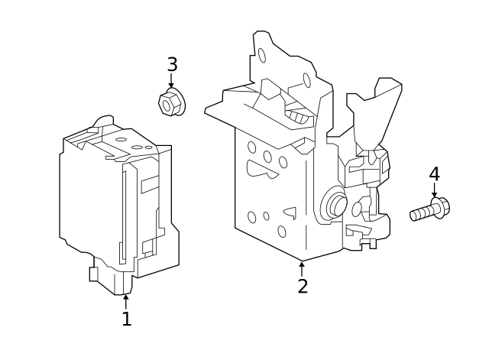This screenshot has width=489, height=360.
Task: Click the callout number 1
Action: click(127, 319)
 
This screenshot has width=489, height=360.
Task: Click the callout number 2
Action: click(303, 287)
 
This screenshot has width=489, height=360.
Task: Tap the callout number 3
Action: click(172, 65)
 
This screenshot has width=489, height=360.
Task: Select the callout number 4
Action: click(434, 174)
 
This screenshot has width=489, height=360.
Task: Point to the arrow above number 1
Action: click(127, 300)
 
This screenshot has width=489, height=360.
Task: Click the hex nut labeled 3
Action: click(170, 102)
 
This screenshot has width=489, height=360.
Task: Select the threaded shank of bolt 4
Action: click(420, 213)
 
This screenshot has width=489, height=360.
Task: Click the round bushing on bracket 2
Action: click(334, 204)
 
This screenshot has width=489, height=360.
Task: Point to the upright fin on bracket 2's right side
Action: click(381, 111)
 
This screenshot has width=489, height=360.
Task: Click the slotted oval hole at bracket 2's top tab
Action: click(262, 55)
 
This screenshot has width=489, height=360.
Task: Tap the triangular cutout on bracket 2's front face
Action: click(290, 212)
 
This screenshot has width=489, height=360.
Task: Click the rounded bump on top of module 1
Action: click(103, 122)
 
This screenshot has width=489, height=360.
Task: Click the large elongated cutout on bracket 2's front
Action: click(261, 170)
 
